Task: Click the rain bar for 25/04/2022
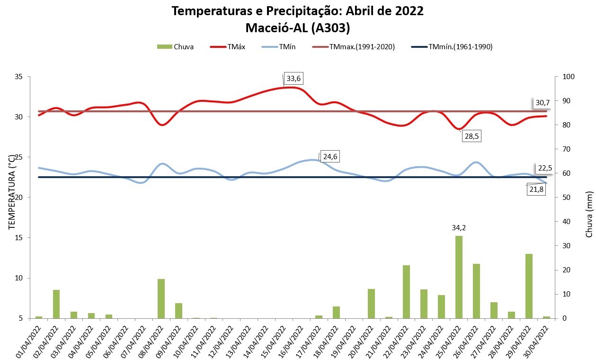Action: click(x=459, y=277)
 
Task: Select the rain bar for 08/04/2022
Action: click(x=161, y=298)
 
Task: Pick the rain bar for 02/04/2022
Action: click(x=56, y=304)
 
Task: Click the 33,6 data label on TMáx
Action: click(x=294, y=79)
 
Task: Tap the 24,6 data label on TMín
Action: click(x=331, y=156)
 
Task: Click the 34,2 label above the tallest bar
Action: click(x=459, y=227)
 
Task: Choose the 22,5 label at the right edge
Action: click(x=544, y=168)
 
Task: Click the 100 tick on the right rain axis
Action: click(x=568, y=77)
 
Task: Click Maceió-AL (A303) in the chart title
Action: click(x=298, y=28)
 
